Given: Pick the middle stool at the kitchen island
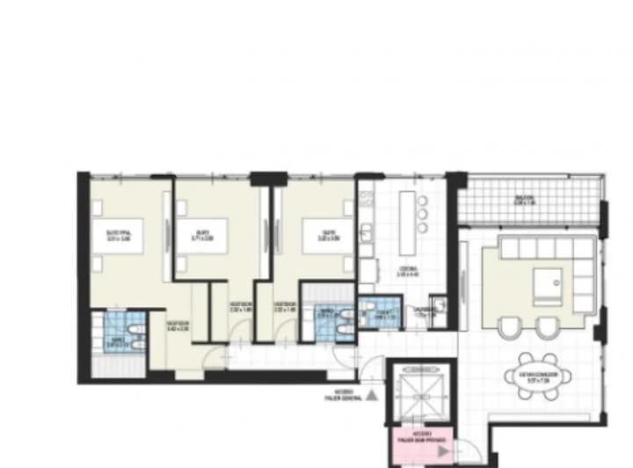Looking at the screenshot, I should pyautogui.click(x=423, y=214).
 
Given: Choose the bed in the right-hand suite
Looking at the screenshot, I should pyautogui.click(x=309, y=235).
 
